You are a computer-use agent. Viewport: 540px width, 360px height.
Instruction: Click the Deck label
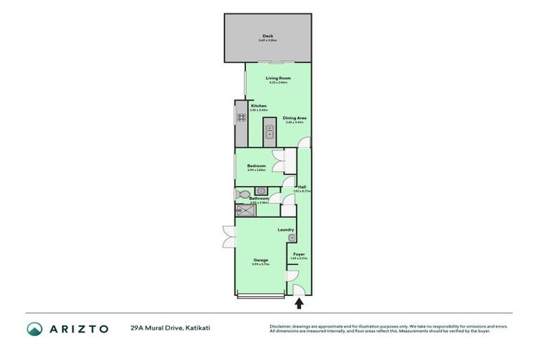tap(268, 36)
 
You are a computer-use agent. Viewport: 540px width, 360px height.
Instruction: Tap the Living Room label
tap(278, 78)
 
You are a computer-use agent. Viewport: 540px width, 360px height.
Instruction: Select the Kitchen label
tap(259, 106)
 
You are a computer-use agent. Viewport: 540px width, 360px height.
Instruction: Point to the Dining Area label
tap(295, 118)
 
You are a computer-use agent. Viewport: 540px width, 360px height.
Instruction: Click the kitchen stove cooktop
tap(241, 117)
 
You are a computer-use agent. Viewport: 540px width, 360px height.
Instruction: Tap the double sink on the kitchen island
tap(269, 131)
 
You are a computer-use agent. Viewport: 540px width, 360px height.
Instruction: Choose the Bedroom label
tap(256, 166)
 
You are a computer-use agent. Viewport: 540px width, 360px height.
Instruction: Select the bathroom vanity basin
tap(260, 191)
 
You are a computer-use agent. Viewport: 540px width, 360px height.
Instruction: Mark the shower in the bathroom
tap(246, 210)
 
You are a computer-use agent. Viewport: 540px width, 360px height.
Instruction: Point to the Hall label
tap(301, 187)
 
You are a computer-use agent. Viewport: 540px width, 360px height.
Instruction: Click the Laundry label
tap(285, 229)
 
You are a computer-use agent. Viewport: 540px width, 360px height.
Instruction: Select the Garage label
tap(261, 260)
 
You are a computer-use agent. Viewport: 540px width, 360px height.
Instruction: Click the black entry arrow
tap(299, 304)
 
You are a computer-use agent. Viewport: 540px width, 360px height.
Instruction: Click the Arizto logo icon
tap(34, 328)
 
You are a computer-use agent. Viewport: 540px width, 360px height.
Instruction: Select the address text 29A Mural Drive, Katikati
tap(169, 328)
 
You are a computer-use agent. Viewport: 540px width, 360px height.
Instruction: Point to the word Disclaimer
tap(281, 326)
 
